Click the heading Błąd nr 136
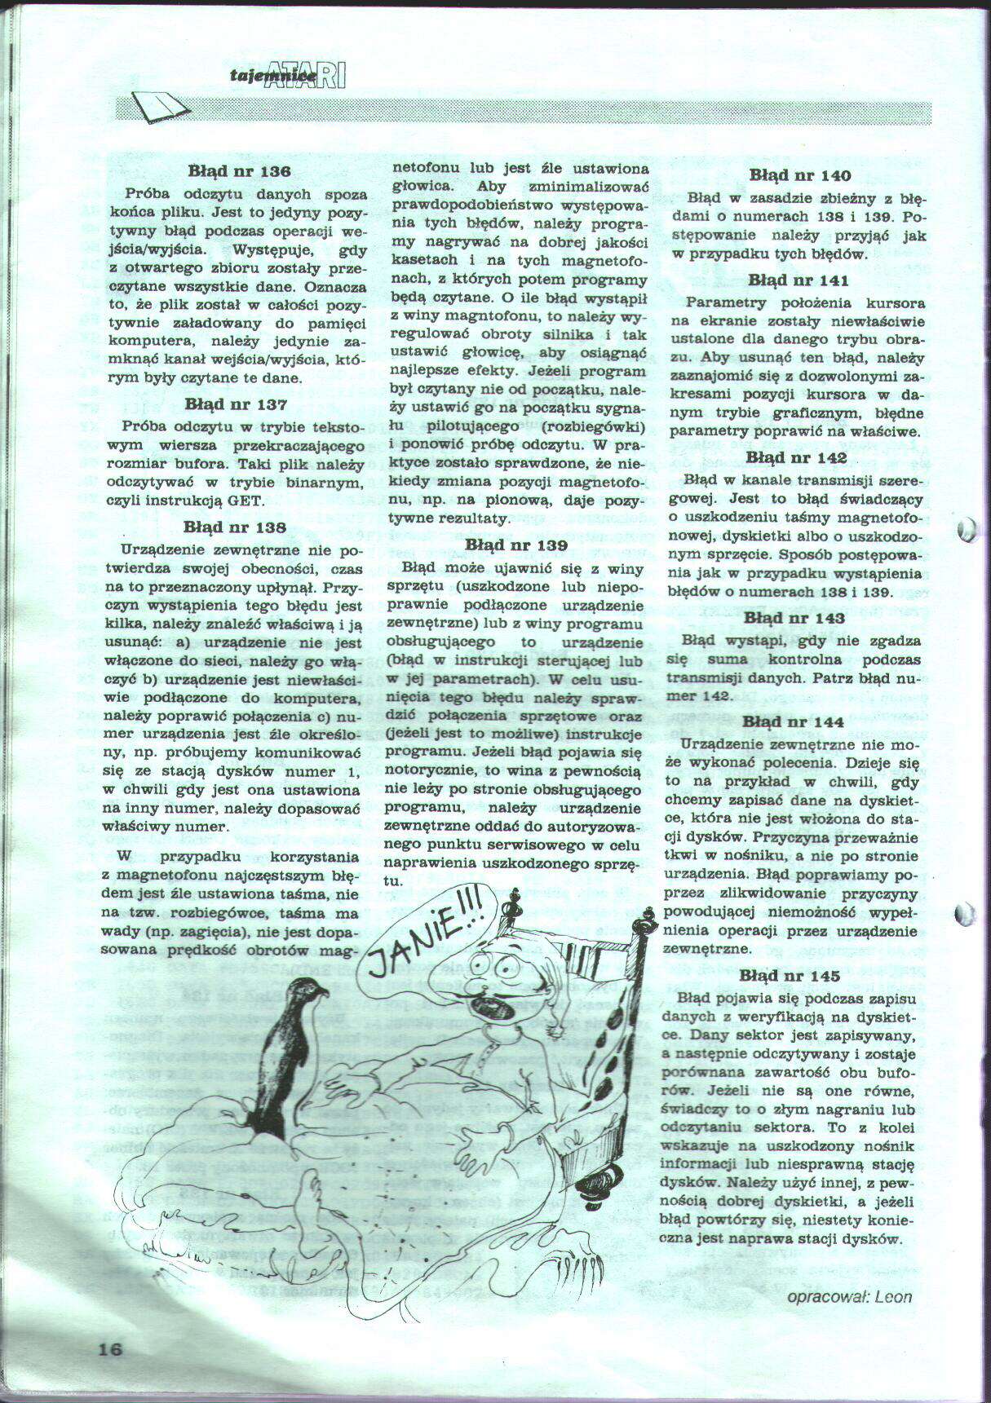(x=239, y=171)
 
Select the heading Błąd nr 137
(x=236, y=404)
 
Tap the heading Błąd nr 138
(x=235, y=527)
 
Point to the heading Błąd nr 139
(x=516, y=545)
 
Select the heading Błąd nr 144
(x=793, y=721)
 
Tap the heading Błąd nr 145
(x=790, y=976)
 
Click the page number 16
(x=110, y=1348)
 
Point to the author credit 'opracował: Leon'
(x=850, y=1297)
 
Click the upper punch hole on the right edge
(x=967, y=530)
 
